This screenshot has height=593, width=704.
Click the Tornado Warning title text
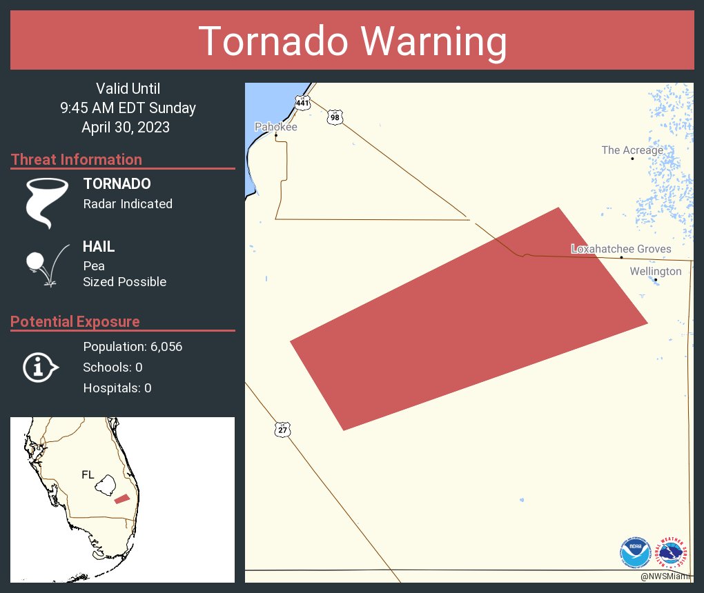pyautogui.click(x=353, y=41)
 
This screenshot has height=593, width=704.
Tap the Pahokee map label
pyautogui.click(x=275, y=127)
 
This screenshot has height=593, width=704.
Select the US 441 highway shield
pyautogui.click(x=302, y=103)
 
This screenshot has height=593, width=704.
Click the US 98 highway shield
pyautogui.click(x=335, y=118)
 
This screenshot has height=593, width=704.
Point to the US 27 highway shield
pyautogui.click(x=282, y=430)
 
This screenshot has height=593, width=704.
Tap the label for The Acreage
pyautogui.click(x=632, y=150)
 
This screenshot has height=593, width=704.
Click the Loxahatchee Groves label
pyautogui.click(x=621, y=248)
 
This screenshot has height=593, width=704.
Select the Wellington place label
pyautogui.click(x=655, y=271)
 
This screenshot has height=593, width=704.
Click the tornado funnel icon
pyautogui.click(x=46, y=203)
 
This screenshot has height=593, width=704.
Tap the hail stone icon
pyautogui.click(x=36, y=261)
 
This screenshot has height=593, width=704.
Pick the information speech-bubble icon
pyautogui.click(x=39, y=367)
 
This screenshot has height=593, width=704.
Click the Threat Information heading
pyautogui.click(x=77, y=160)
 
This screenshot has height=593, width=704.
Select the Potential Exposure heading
pyautogui.click(x=75, y=321)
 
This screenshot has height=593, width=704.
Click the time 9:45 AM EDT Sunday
pyautogui.click(x=128, y=108)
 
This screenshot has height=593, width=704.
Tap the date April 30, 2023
pyautogui.click(x=126, y=128)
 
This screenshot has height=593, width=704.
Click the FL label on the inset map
pyautogui.click(x=88, y=474)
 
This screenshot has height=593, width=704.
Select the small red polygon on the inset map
pyautogui.click(x=122, y=499)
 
